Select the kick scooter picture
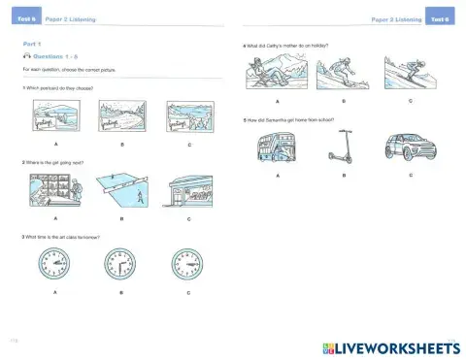340,148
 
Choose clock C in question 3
187,265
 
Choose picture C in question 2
187,192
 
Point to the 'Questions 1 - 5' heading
59,57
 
